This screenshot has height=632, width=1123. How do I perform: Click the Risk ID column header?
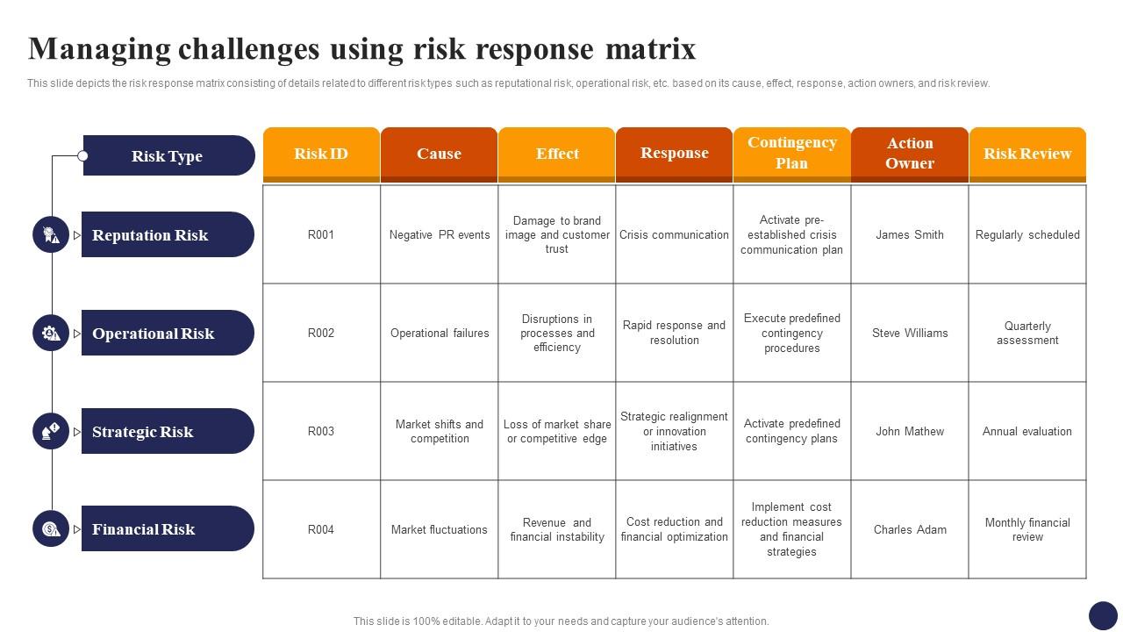pos(321,154)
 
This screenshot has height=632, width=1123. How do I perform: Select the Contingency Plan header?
pos(792,154)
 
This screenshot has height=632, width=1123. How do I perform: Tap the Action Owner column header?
pos(910,154)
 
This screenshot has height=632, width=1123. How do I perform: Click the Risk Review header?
pos(1027,154)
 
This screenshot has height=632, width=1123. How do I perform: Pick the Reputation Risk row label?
pos(168,234)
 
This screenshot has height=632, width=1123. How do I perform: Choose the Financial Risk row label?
pos(168,528)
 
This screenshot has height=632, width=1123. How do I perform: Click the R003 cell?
pos(321,431)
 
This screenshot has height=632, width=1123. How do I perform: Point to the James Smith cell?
pos(910,234)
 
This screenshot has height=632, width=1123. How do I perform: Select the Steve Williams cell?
pos(910,333)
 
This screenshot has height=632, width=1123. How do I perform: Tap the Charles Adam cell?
pos(910,529)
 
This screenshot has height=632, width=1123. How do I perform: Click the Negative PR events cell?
pos(440,234)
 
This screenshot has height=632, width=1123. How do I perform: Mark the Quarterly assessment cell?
pos(1027,333)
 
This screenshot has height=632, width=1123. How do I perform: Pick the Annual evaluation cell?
pos(1027,431)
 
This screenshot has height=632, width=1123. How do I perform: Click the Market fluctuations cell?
pos(440,529)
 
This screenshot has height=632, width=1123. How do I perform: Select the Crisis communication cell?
pos(675,234)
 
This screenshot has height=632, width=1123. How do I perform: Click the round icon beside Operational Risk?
pos(51,333)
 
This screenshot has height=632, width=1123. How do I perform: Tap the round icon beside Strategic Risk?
pos(51,431)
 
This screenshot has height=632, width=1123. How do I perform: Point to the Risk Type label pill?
pos(169,155)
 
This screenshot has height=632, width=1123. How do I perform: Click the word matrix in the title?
pos(651,48)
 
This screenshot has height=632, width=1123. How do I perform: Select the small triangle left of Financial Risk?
pos(76,529)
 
